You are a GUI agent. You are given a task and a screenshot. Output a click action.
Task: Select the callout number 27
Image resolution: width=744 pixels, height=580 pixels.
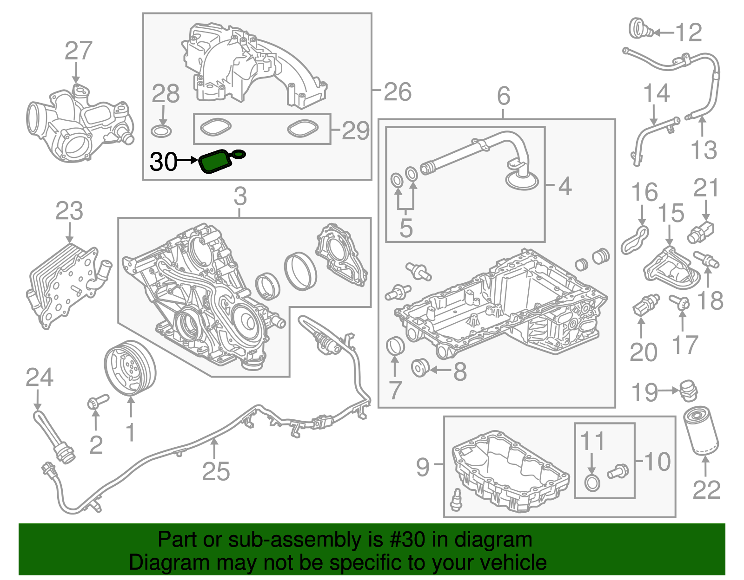(x=78, y=51)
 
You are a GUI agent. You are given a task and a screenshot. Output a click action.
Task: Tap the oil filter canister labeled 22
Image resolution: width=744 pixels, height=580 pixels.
(x=702, y=430)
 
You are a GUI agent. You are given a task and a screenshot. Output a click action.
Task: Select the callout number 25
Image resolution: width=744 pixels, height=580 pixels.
(x=216, y=471)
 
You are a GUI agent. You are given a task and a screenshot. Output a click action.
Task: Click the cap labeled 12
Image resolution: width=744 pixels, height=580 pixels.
(x=640, y=29)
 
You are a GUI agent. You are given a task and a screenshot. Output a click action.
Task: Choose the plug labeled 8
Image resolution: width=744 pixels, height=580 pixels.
(x=420, y=368)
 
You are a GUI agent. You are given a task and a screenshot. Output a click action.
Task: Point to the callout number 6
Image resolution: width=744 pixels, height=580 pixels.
(x=504, y=96)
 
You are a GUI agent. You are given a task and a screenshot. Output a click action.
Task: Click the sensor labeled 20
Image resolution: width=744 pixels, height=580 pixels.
(x=644, y=305)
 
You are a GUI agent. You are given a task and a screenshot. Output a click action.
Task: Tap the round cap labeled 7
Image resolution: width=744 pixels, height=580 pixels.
(x=395, y=346)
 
